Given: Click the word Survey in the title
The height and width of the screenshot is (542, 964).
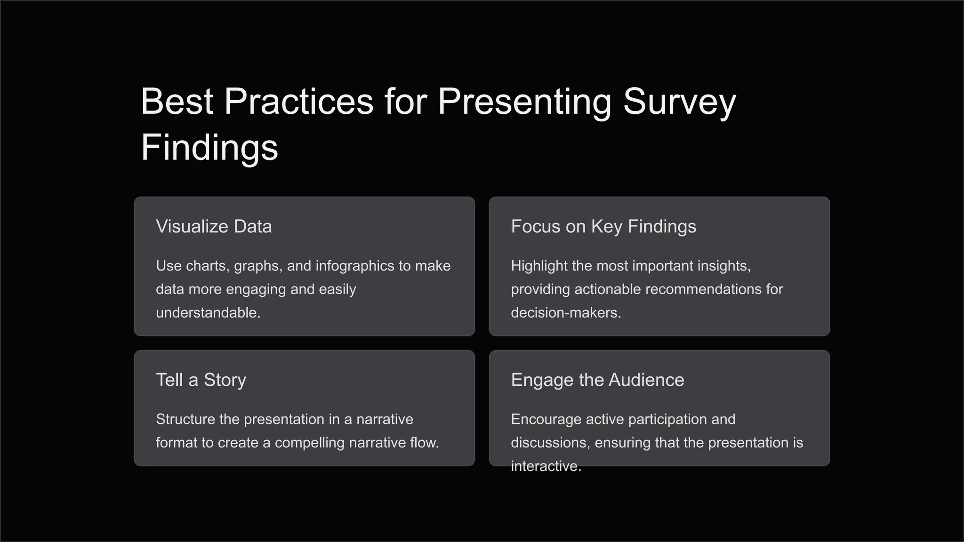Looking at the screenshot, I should [x=679, y=102].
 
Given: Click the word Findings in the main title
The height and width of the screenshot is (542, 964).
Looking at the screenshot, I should [x=209, y=148].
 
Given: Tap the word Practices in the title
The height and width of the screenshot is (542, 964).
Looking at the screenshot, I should [x=298, y=102].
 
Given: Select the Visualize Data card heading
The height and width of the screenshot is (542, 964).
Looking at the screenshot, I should [x=214, y=227].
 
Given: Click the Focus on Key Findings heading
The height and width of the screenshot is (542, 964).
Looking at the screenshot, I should [x=603, y=227].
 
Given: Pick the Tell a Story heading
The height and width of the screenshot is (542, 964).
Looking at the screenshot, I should [x=201, y=380].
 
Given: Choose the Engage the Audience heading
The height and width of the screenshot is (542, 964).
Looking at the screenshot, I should [x=597, y=380].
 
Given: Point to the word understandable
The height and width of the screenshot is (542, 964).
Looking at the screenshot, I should [x=208, y=313].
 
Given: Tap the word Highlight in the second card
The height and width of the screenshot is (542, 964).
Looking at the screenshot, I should [x=539, y=266].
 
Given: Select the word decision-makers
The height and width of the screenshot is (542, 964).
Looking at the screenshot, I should [x=565, y=313].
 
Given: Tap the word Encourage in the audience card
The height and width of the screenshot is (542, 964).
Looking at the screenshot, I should [x=546, y=419].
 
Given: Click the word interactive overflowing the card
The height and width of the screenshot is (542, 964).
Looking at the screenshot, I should [x=546, y=466].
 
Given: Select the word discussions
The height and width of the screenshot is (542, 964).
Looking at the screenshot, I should [x=550, y=443].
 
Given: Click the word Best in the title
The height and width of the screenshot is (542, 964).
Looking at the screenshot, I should [x=177, y=102].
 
